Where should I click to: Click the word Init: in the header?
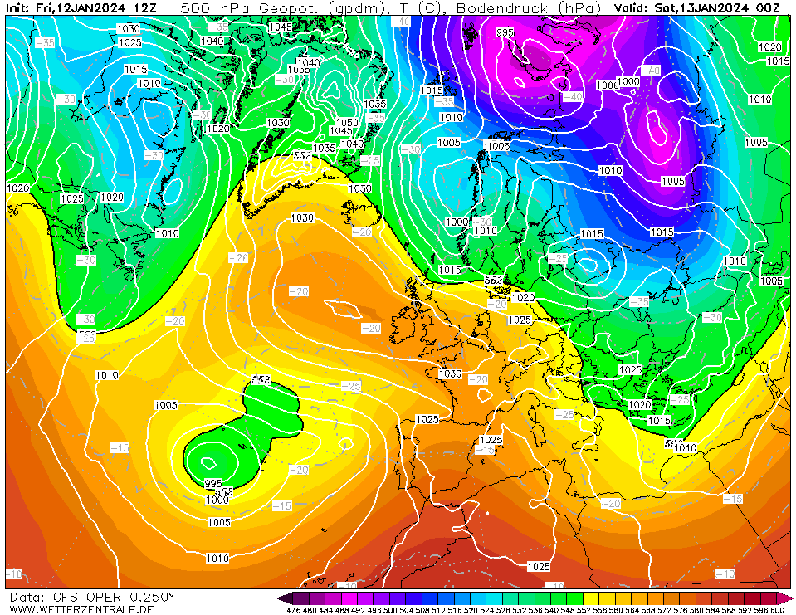coord(19,7)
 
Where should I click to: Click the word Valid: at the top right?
coord(632,7)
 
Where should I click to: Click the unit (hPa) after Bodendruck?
coord(579,7)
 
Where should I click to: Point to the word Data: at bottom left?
coord(26,597)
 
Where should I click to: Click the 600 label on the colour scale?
coord(777,610)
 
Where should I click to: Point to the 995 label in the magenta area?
coord(505,33)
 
